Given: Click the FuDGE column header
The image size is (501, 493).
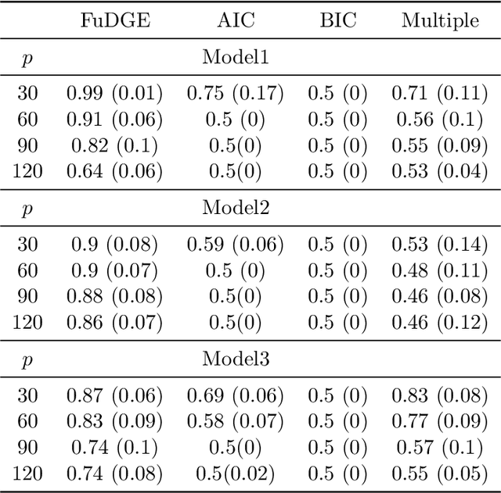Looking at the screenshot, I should [x=114, y=20].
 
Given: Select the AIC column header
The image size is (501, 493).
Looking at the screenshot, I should [x=236, y=20].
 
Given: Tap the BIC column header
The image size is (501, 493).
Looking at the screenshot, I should [x=337, y=20].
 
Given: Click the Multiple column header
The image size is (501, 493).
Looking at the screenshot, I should [x=440, y=20].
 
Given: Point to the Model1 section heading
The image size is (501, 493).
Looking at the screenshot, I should [x=236, y=56].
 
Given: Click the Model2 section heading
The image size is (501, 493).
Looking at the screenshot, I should [x=236, y=208].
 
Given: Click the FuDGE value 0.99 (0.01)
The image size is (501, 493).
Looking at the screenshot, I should [x=114, y=94].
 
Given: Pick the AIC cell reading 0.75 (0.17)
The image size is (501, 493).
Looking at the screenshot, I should [x=236, y=94].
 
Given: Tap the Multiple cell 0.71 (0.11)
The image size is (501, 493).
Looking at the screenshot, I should [x=440, y=94].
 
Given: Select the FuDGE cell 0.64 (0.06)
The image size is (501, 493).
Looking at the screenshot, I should [x=114, y=171].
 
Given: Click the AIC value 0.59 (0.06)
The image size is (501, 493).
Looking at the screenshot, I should [x=236, y=245].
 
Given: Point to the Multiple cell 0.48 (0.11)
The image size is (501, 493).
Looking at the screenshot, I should [x=440, y=270].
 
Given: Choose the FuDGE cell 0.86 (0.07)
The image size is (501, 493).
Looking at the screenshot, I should [x=114, y=322].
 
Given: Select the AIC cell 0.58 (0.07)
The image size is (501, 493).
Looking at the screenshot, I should [x=236, y=422].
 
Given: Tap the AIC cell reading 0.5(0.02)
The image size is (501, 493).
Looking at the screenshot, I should [x=236, y=473].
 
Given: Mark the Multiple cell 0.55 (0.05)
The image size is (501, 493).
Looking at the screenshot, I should [x=440, y=473].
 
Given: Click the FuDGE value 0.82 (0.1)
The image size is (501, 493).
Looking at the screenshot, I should [x=114, y=145].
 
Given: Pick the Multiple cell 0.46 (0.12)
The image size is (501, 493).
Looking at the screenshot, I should [x=440, y=322].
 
